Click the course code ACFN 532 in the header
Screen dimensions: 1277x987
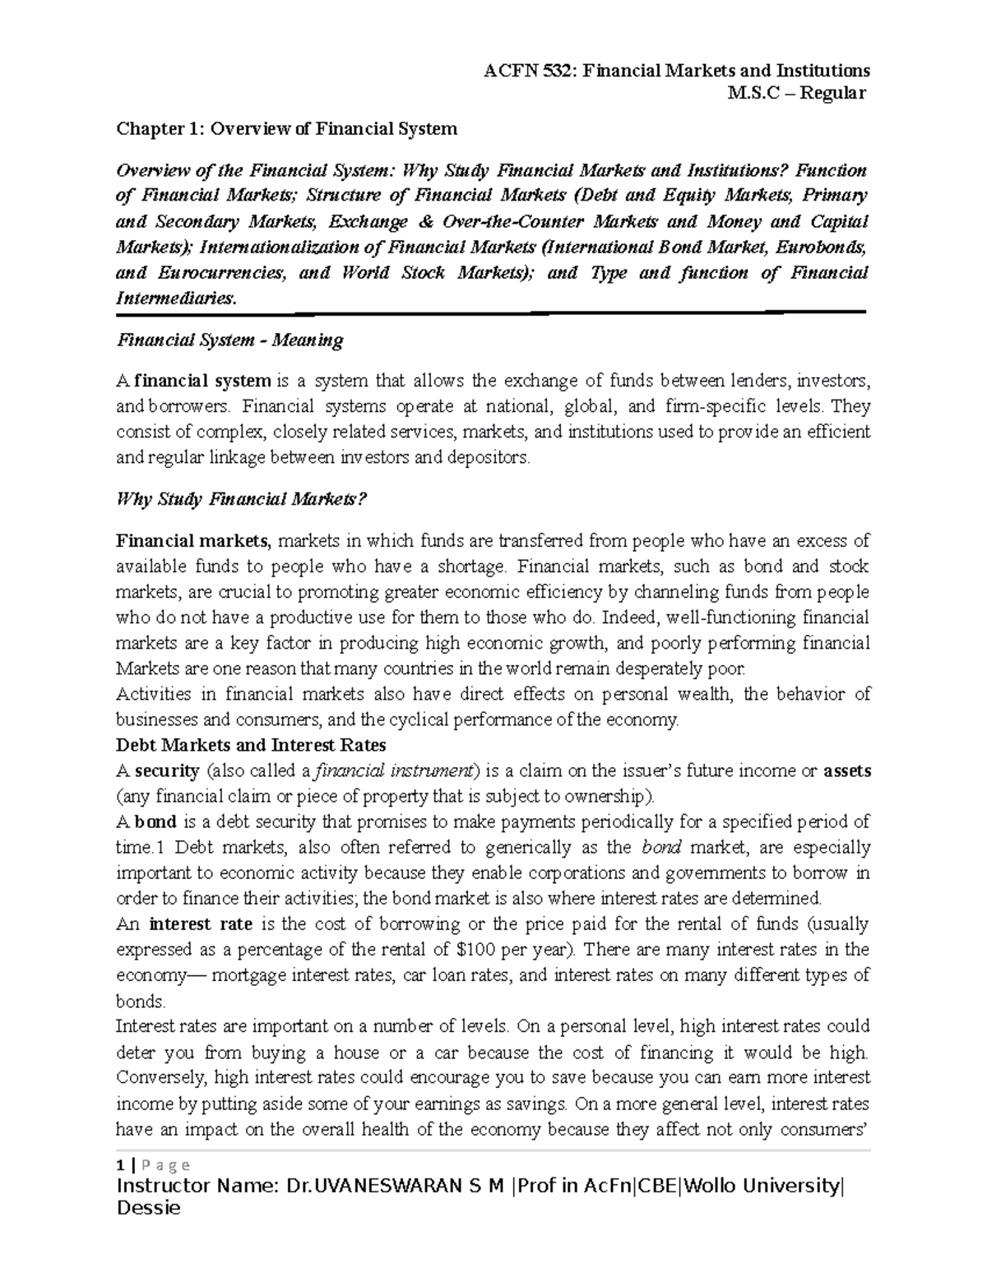[x=531, y=71]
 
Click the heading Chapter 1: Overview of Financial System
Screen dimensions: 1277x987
[x=286, y=128]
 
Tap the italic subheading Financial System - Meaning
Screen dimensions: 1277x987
[x=229, y=340]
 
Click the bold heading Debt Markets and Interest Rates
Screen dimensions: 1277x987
[x=251, y=745]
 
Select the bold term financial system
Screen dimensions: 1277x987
[x=203, y=381]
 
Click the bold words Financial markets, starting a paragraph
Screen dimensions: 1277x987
[x=192, y=541]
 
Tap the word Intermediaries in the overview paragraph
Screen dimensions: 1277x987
[x=176, y=298]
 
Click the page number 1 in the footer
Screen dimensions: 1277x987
[x=120, y=1165]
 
